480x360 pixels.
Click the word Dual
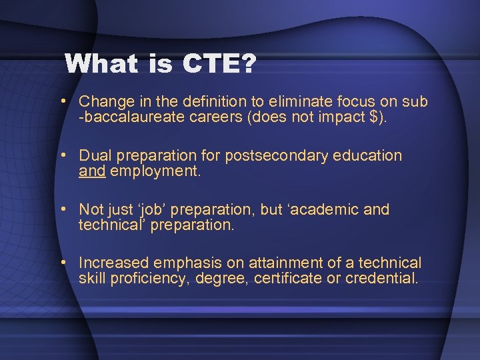click(x=94, y=156)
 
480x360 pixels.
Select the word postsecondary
click(x=273, y=156)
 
